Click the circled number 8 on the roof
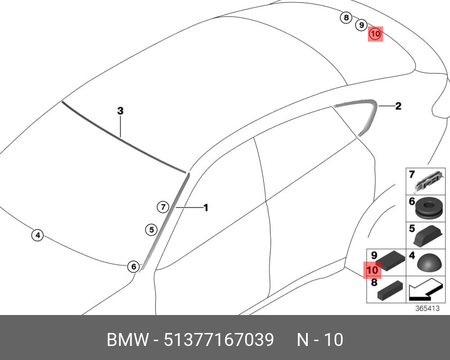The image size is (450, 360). [x=346, y=18]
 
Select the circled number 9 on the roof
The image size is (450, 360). [x=362, y=25]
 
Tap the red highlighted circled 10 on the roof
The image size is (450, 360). [x=375, y=34]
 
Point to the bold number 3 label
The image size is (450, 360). [x=120, y=111]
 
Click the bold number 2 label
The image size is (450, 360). [x=398, y=105]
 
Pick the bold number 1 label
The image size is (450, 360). [x=206, y=208]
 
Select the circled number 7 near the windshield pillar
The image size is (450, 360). [x=162, y=207]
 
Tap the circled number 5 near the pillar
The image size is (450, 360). [x=150, y=229]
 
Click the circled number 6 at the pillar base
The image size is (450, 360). [x=133, y=267]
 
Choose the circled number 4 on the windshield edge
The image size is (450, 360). [x=37, y=235]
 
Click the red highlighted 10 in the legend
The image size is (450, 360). [x=373, y=270]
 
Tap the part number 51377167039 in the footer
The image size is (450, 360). [x=219, y=340]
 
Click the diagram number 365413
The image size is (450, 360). [x=426, y=309]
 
